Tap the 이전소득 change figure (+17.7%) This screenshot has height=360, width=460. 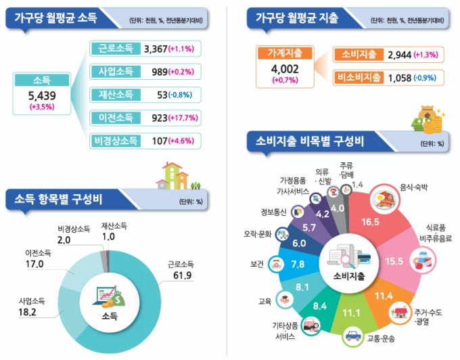183,118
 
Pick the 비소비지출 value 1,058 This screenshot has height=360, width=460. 400,78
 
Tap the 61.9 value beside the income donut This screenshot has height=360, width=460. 183,275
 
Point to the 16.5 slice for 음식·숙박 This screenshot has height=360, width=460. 370,221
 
